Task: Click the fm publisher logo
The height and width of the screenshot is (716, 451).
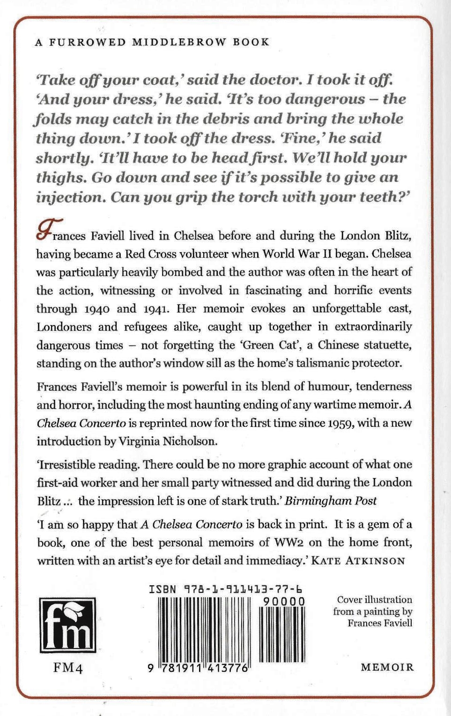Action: [x=67, y=625]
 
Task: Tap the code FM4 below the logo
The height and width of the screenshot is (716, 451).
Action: [x=68, y=667]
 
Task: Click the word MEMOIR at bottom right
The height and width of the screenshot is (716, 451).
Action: [x=387, y=667]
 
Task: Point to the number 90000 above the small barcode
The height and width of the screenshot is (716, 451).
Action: [x=284, y=601]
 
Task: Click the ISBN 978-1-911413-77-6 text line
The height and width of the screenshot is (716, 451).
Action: [x=225, y=589]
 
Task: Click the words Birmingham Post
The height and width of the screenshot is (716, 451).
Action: [x=331, y=501]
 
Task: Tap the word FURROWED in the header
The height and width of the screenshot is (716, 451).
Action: [x=88, y=42]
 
